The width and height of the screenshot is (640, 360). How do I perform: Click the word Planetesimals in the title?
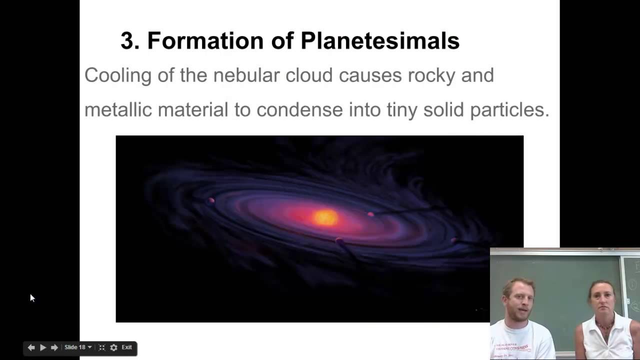pos(380,41)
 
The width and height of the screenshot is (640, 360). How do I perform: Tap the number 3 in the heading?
pos(129,41)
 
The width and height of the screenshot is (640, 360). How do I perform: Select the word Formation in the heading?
pos(205,41)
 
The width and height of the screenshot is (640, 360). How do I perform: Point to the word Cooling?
pos(117,75)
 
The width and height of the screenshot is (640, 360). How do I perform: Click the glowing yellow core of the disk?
pos(325,217)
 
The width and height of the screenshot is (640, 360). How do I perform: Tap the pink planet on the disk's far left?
pos(211,201)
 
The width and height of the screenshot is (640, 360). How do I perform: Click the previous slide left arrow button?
pos(31,347)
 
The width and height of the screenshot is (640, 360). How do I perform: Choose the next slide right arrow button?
pos(54,347)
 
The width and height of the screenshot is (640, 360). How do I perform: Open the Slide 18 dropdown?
pos(78,347)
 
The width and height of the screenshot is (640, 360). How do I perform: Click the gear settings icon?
pos(113,347)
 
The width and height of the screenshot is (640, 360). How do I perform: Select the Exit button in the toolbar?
pos(127,347)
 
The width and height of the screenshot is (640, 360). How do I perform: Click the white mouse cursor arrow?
pos(32,298)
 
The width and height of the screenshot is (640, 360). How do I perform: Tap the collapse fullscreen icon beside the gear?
pos(102,347)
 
